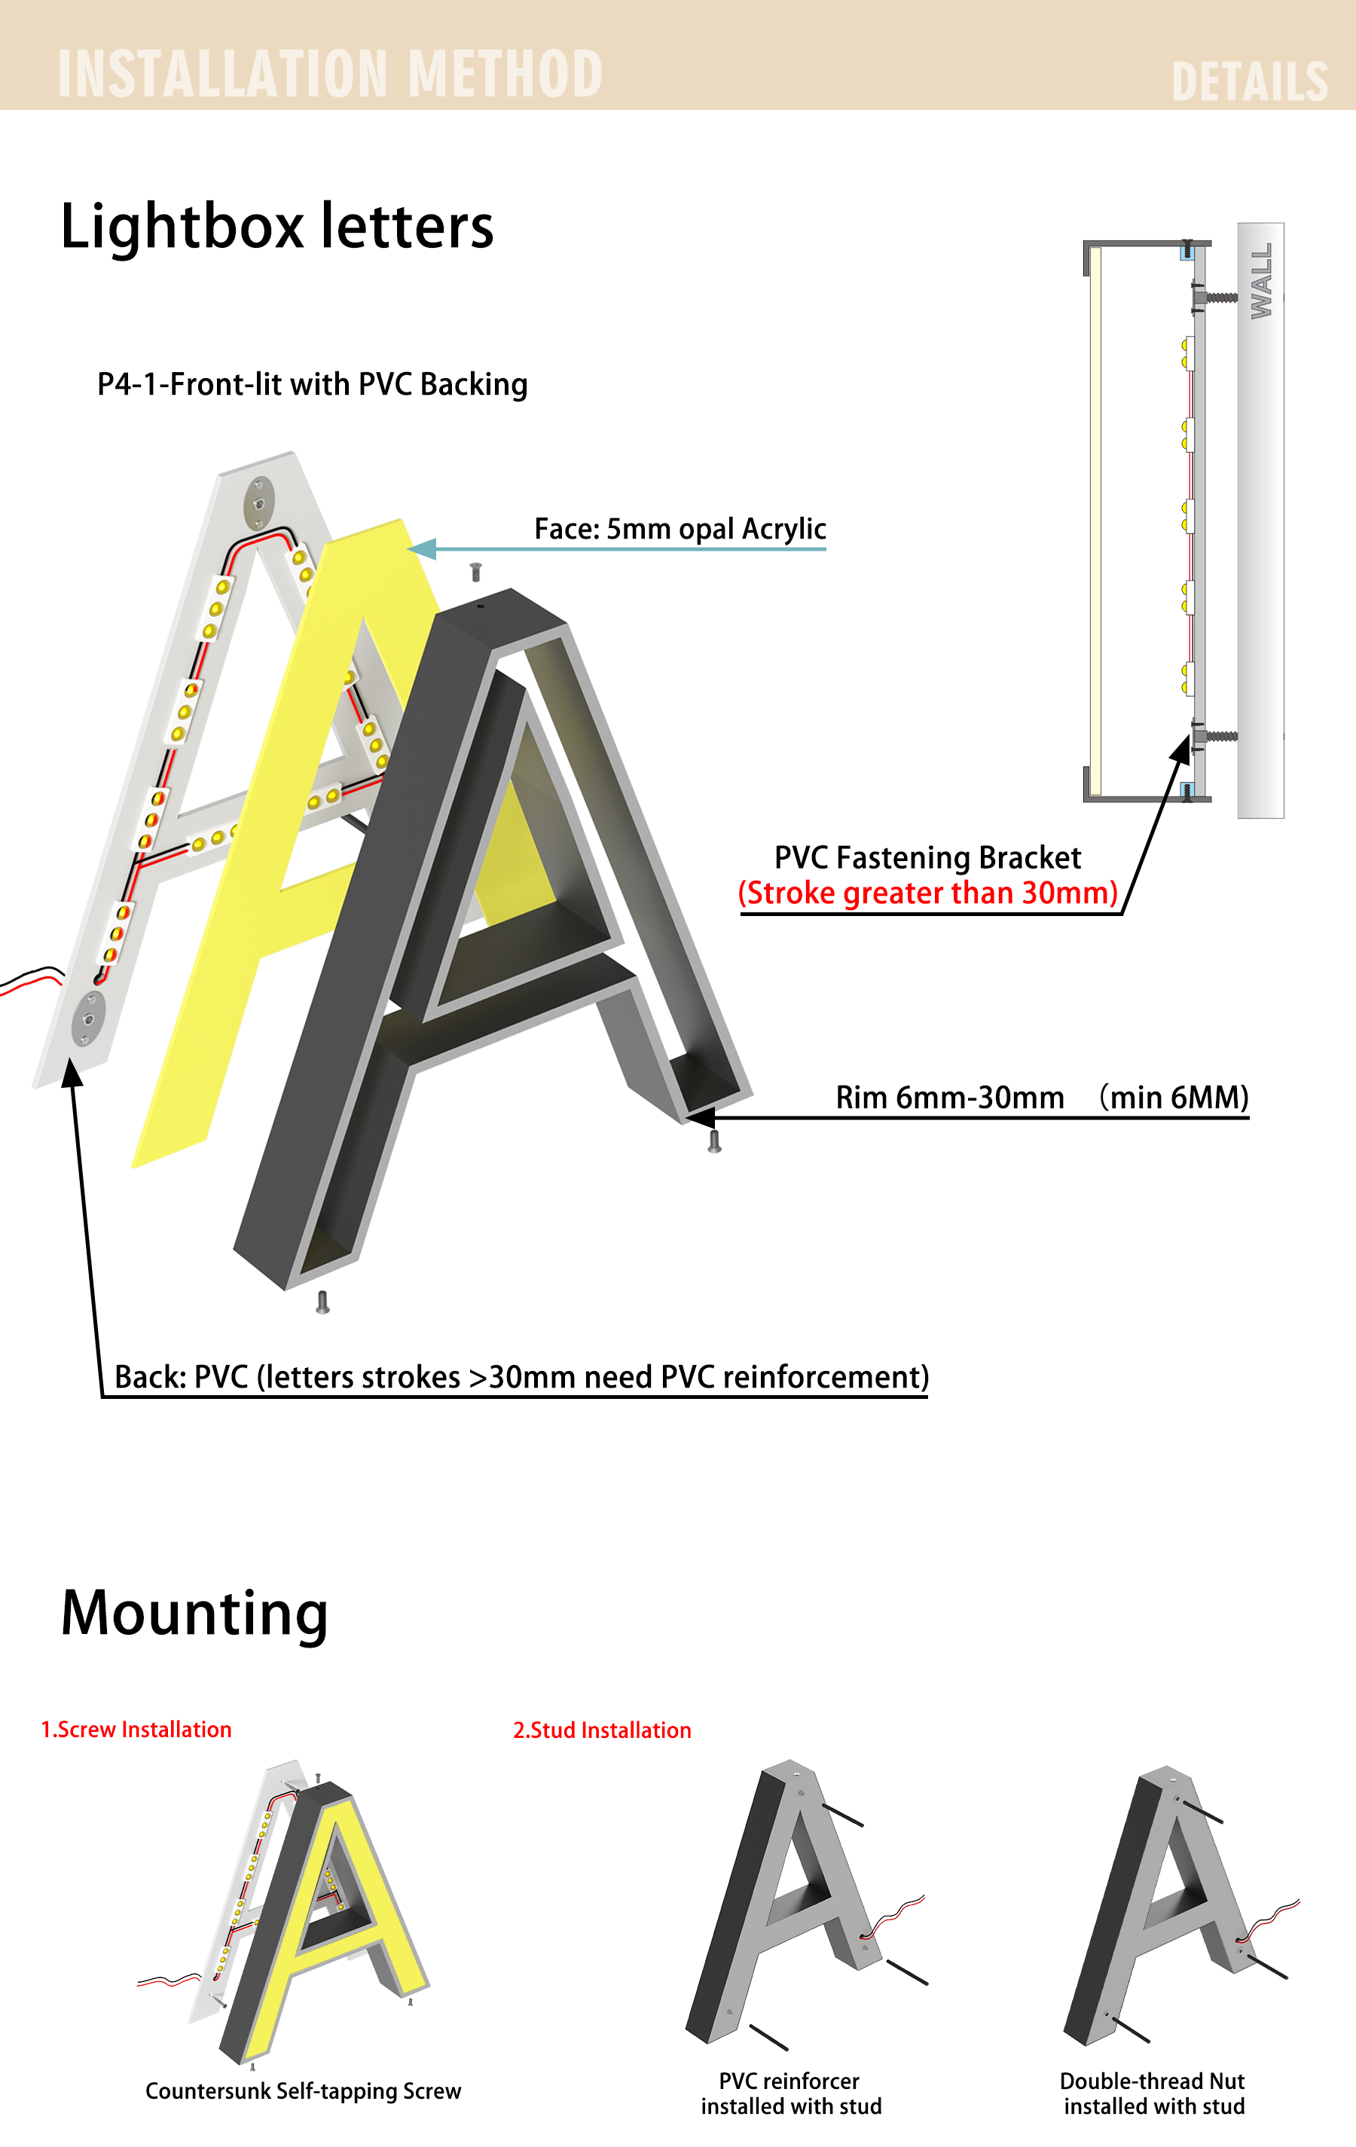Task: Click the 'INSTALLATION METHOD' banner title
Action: [x=330, y=73]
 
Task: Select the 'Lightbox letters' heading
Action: [x=276, y=227]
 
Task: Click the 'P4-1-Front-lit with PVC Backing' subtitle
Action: [x=312, y=384]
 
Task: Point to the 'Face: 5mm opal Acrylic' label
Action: [x=680, y=529]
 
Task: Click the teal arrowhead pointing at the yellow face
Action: [x=423, y=549]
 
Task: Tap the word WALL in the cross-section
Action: [x=1260, y=281]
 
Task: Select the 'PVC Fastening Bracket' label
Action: [x=927, y=858]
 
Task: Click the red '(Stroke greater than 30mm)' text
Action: [x=928, y=893]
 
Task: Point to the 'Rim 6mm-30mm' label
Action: [x=949, y=1098]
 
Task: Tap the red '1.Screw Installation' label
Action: [x=136, y=1730]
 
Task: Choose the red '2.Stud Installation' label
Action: [x=602, y=1730]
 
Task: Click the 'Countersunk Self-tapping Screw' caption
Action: [x=303, y=2092]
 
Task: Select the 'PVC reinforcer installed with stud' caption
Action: [x=791, y=2094]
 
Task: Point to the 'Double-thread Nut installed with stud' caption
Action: [x=1153, y=2094]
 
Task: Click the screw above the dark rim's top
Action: [x=475, y=572]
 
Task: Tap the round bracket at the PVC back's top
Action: [x=258, y=503]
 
